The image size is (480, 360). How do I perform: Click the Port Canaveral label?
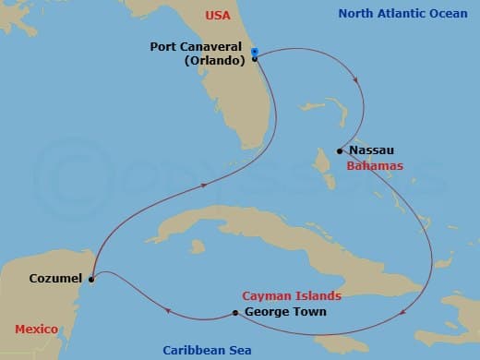pyautogui.click(x=199, y=46)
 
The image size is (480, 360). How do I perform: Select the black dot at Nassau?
pyautogui.click(x=341, y=150)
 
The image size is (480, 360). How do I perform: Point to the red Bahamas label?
pyautogui.click(x=374, y=166)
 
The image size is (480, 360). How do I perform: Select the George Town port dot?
pyautogui.click(x=236, y=313)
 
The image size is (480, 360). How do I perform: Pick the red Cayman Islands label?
pyautogui.click(x=292, y=296)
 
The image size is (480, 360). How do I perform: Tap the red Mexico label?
pyautogui.click(x=38, y=330)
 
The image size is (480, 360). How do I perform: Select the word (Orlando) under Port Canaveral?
pyautogui.click(x=217, y=60)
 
